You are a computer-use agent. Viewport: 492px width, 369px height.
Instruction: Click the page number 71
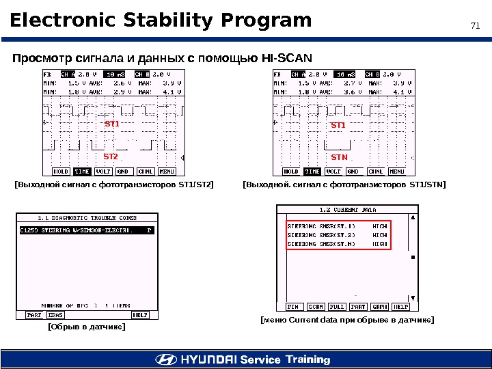tap(476, 26)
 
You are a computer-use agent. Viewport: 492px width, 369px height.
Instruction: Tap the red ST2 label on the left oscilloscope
tap(111, 156)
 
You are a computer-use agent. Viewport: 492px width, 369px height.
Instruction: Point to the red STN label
tap(340, 157)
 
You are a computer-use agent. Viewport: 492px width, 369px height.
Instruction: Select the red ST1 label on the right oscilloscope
tap(338, 126)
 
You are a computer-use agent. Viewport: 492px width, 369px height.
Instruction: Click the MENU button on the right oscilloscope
tap(397, 172)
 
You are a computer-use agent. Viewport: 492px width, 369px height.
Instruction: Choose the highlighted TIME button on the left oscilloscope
tap(83, 172)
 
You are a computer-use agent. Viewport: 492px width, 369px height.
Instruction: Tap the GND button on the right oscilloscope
tap(355, 172)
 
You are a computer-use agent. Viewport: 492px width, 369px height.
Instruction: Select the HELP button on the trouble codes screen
tap(140, 315)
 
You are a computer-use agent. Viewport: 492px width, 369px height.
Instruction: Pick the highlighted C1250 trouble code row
tap(86, 231)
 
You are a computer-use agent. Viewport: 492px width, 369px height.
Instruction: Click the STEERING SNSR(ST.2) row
tap(337, 234)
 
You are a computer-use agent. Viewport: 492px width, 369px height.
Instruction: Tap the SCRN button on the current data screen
tap(316, 307)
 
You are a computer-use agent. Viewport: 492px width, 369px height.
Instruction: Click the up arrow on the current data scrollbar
tap(412, 218)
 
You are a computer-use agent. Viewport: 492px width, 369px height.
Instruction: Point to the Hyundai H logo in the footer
tap(165, 359)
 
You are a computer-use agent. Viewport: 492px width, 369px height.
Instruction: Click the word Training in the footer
tap(308, 359)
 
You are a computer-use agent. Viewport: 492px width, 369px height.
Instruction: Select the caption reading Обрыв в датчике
tap(86, 327)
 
